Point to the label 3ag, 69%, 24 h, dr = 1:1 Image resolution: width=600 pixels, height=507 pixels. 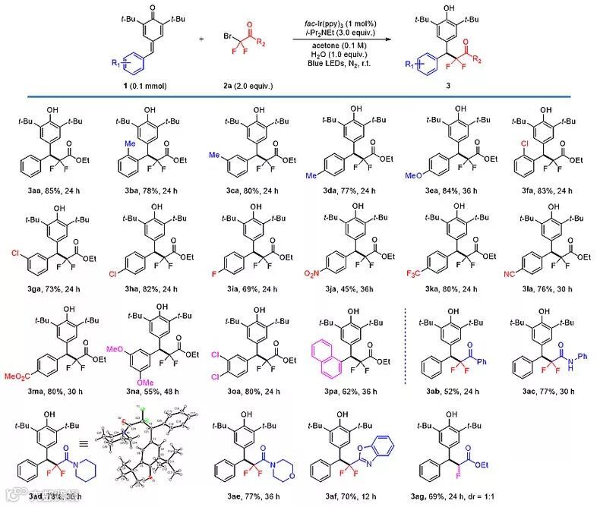point(465,493)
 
